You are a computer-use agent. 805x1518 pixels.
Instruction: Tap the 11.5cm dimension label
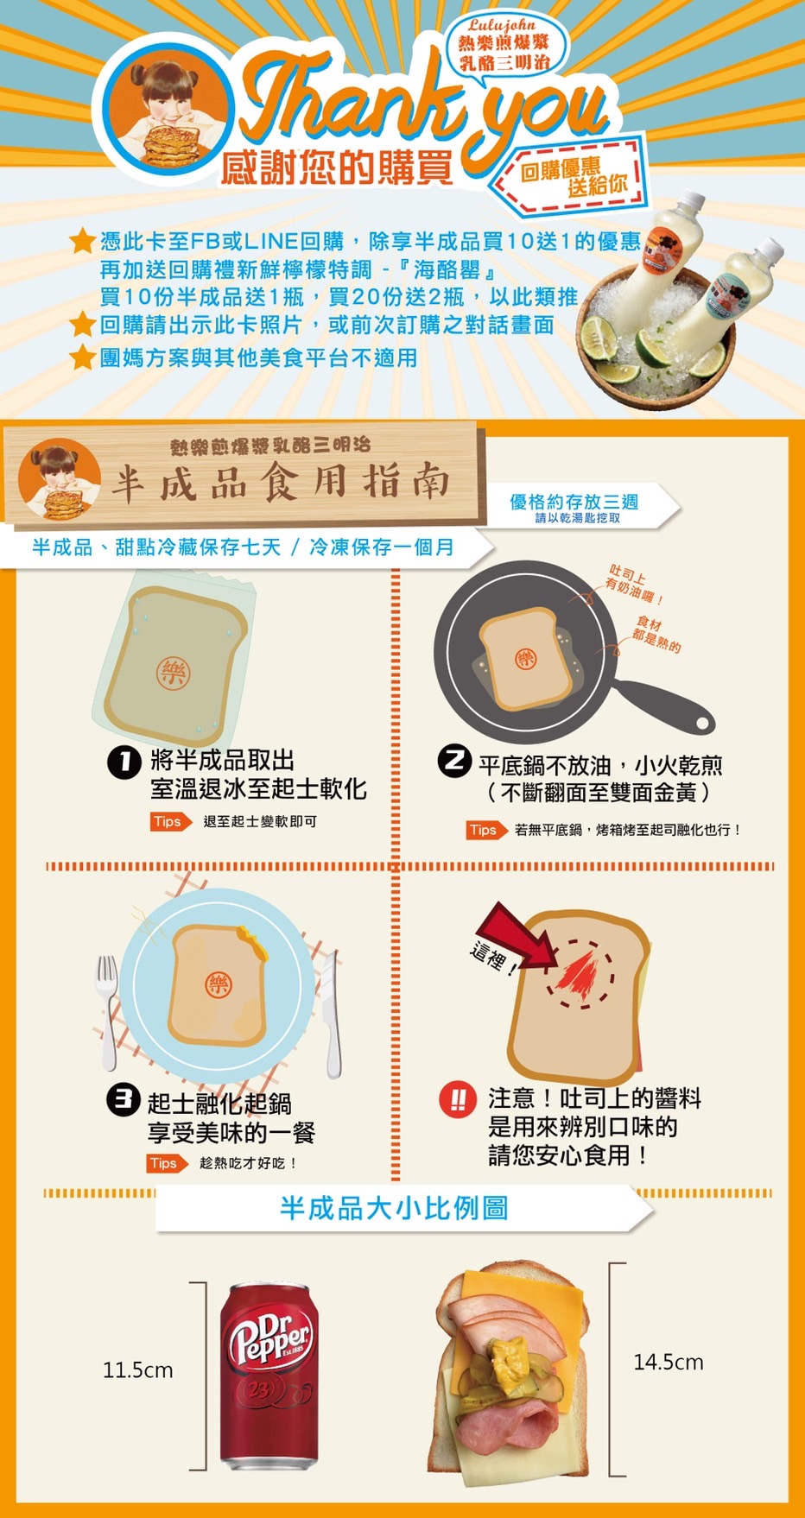(138, 1370)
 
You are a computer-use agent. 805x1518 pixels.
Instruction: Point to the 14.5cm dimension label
(669, 1362)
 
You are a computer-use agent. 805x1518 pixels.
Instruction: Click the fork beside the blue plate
(107, 1011)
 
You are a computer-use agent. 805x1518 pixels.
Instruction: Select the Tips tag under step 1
(170, 821)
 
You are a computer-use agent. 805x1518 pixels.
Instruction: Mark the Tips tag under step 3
(167, 1163)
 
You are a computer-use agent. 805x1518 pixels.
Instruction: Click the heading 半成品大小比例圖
(394, 1207)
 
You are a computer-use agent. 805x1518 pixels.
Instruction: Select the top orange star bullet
(82, 241)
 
